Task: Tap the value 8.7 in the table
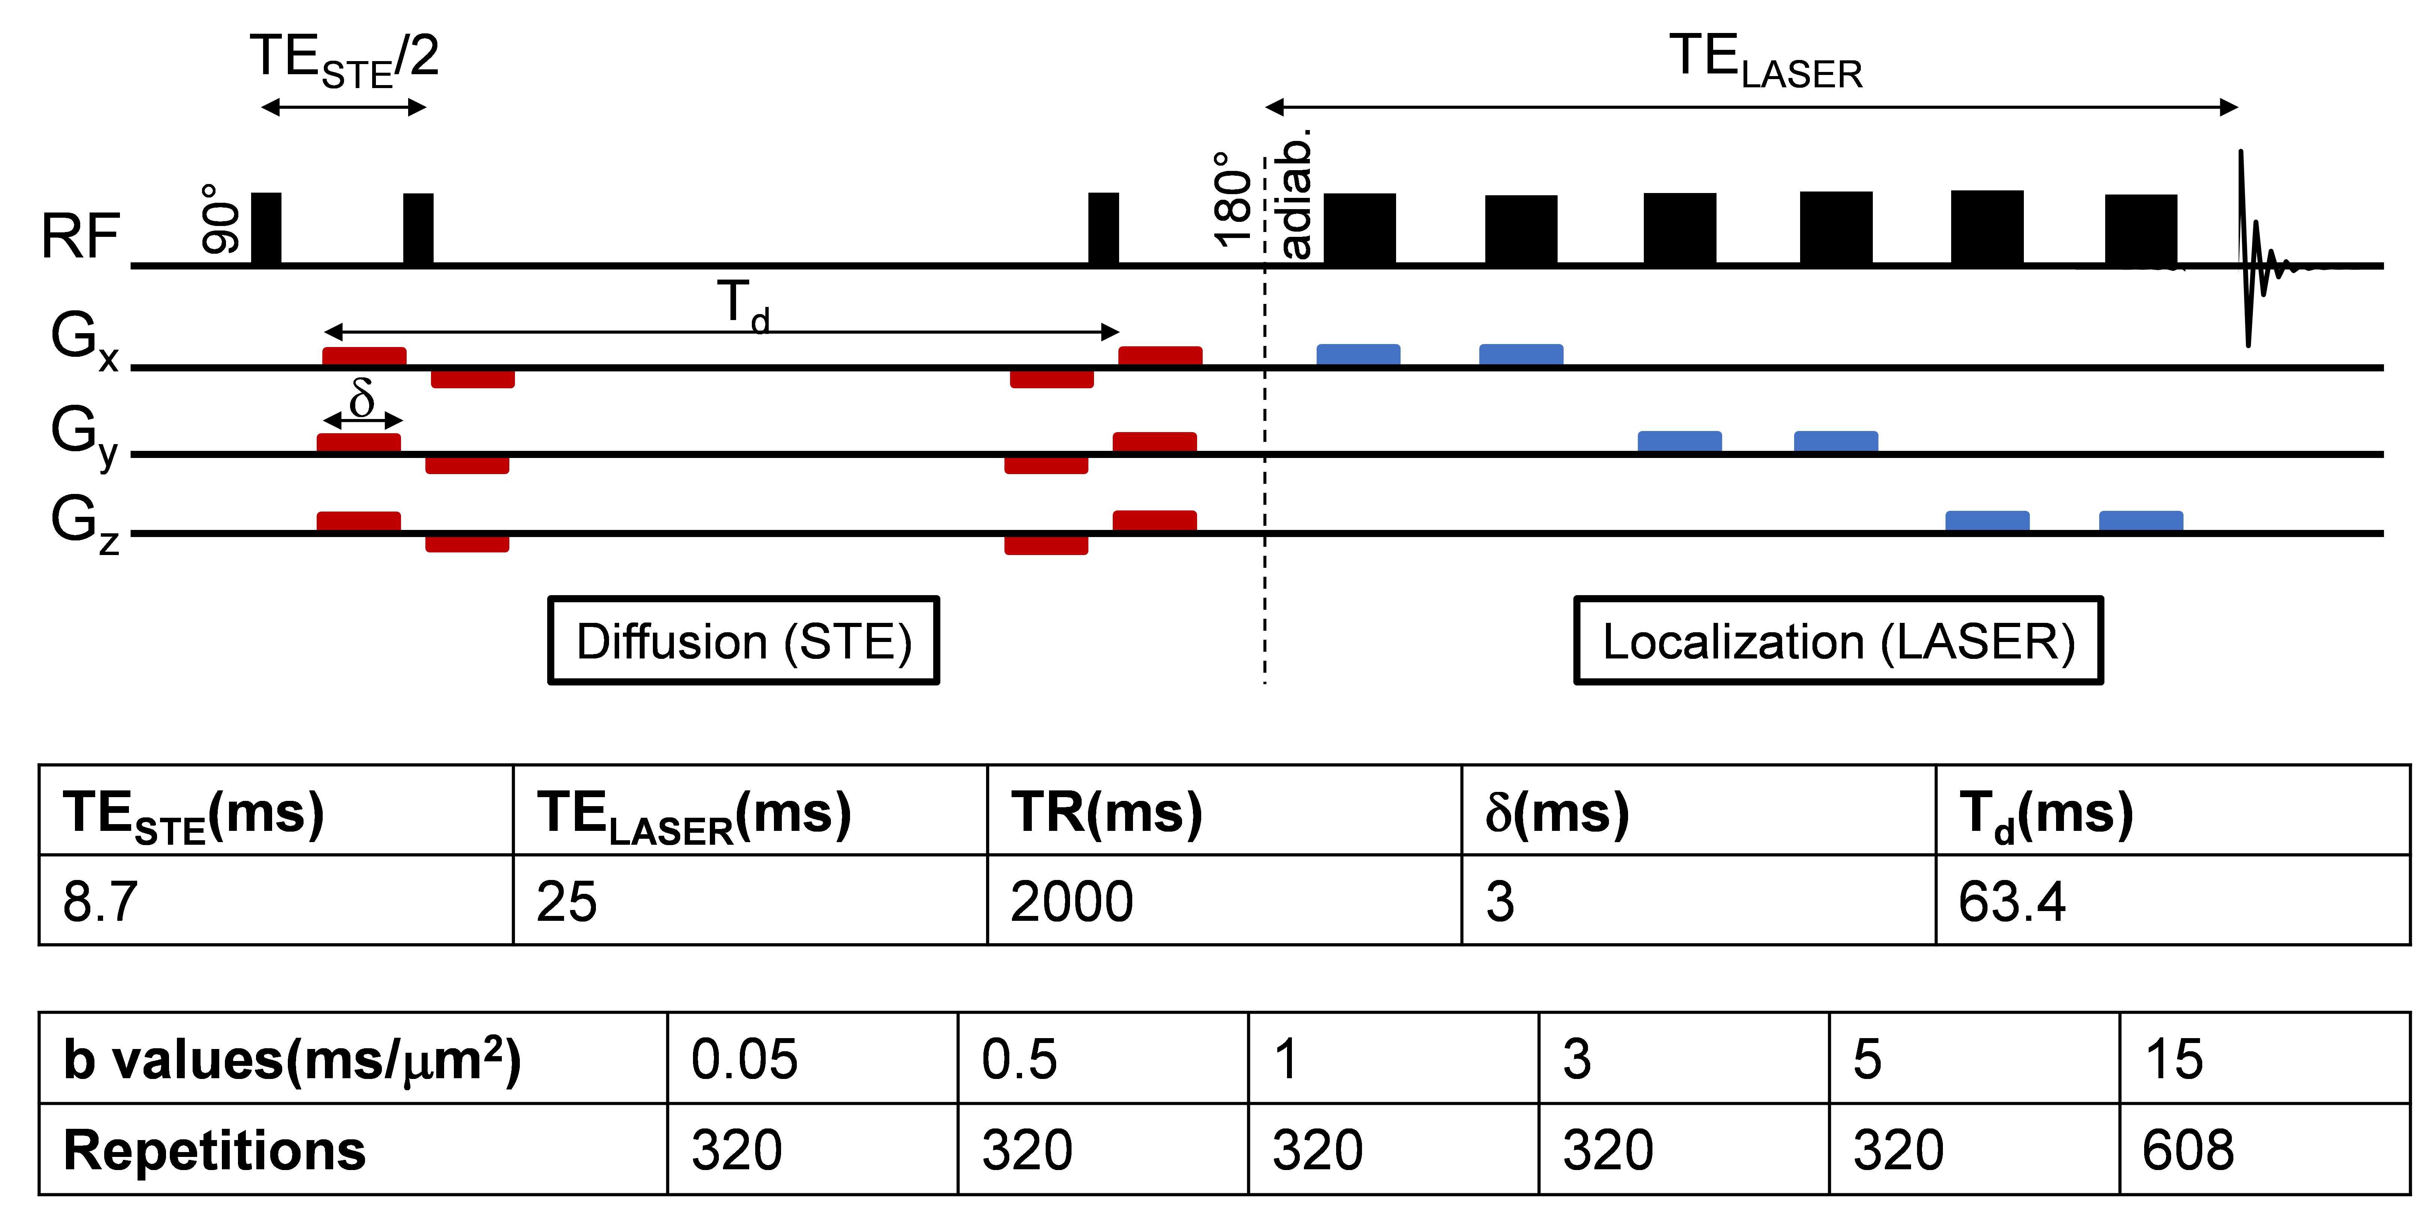(x=100, y=901)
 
